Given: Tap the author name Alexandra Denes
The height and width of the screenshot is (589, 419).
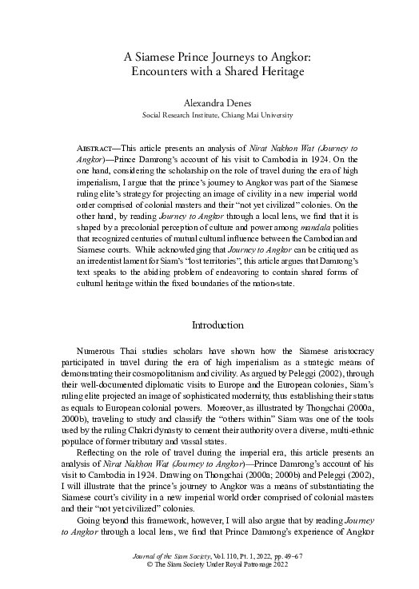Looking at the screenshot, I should (209, 102).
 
